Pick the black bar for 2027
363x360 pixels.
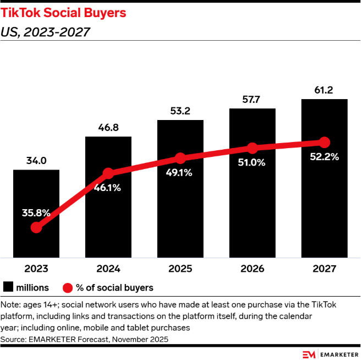coord(324,209)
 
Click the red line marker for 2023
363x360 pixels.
coord(36,227)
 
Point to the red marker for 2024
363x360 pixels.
coord(108,173)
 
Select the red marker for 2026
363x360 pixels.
coord(252,148)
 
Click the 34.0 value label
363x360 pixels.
coord(36,161)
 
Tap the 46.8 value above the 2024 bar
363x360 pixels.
coord(108,128)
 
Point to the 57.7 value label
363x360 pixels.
coord(252,100)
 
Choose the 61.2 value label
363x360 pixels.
coord(324,90)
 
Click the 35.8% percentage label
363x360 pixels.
coord(36,212)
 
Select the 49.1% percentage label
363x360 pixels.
coord(180,172)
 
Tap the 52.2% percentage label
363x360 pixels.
coord(324,156)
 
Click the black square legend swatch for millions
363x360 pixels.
coord(9,287)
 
